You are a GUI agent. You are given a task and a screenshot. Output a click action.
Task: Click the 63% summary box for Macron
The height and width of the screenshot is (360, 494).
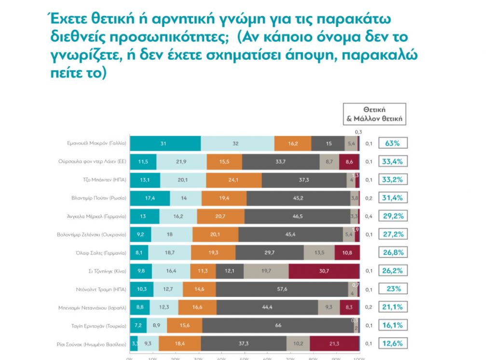click(x=393, y=143)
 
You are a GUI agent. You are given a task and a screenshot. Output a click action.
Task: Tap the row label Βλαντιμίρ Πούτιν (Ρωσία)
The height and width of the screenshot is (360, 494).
click(x=96, y=198)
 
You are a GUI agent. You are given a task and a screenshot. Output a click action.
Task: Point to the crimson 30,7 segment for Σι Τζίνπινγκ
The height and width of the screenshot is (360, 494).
click(x=324, y=271)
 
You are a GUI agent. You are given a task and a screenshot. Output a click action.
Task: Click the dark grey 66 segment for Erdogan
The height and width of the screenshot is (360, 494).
click(x=278, y=326)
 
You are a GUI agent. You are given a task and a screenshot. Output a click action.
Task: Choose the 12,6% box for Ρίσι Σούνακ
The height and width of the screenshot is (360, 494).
click(x=393, y=344)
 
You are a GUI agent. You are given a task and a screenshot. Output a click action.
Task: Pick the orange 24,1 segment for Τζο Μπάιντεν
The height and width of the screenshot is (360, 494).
click(x=234, y=180)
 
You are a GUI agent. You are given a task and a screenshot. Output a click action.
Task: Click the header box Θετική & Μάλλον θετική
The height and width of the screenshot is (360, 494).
click(x=374, y=114)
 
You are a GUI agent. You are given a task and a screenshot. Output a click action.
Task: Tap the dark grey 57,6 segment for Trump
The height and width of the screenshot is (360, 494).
click(x=282, y=289)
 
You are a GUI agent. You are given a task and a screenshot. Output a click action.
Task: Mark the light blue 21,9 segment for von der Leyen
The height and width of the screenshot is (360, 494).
click(x=181, y=161)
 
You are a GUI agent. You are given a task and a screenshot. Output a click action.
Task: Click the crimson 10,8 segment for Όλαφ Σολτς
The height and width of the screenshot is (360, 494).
click(x=347, y=252)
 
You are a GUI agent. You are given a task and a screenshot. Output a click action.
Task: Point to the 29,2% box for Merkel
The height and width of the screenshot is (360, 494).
click(x=393, y=216)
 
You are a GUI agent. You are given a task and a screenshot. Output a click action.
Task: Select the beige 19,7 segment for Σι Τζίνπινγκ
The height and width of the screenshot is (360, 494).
click(x=266, y=271)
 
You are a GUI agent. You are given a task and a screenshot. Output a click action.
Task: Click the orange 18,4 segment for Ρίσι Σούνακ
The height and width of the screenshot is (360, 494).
click(x=179, y=344)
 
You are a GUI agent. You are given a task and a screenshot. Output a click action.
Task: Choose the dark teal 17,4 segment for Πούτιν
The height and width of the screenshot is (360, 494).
click(x=150, y=198)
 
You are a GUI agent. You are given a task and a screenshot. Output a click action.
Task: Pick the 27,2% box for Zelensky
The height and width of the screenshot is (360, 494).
click(x=393, y=234)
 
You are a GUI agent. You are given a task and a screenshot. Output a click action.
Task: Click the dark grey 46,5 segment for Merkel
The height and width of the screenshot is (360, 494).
click(x=297, y=216)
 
